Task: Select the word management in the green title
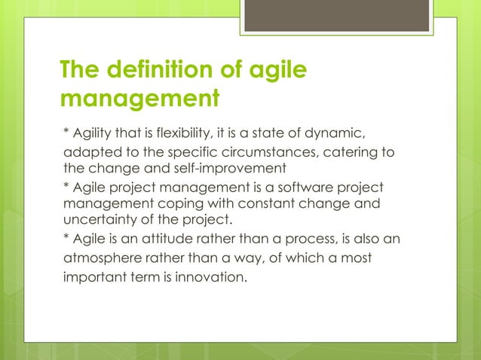click(x=140, y=99)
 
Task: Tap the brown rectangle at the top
click(x=337, y=15)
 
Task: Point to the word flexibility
click(x=173, y=134)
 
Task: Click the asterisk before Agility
click(x=64, y=133)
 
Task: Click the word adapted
click(x=85, y=154)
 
